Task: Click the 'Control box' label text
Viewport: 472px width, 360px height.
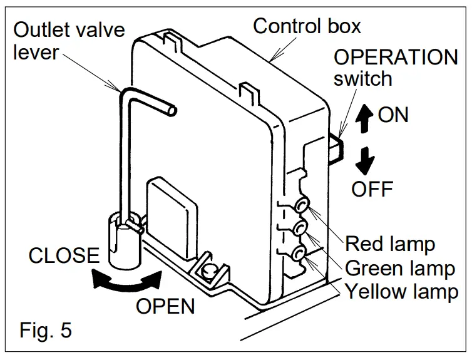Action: pyautogui.click(x=307, y=26)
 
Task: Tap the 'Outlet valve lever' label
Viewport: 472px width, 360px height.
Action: pyautogui.click(x=69, y=40)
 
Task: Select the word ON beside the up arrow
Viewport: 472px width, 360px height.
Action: pyautogui.click(x=393, y=115)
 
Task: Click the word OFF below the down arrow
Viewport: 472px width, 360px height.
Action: pyautogui.click(x=371, y=188)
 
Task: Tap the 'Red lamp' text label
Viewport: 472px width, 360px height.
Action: pyautogui.click(x=391, y=243)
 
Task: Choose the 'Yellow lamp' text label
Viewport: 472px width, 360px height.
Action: pyautogui.click(x=401, y=292)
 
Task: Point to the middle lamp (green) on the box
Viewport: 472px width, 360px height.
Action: pyautogui.click(x=301, y=229)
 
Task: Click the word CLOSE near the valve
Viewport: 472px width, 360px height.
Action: pyautogui.click(x=64, y=256)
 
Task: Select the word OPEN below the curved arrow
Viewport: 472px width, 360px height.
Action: pyautogui.click(x=165, y=306)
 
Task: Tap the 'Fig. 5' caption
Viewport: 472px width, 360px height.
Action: pyautogui.click(x=45, y=330)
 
